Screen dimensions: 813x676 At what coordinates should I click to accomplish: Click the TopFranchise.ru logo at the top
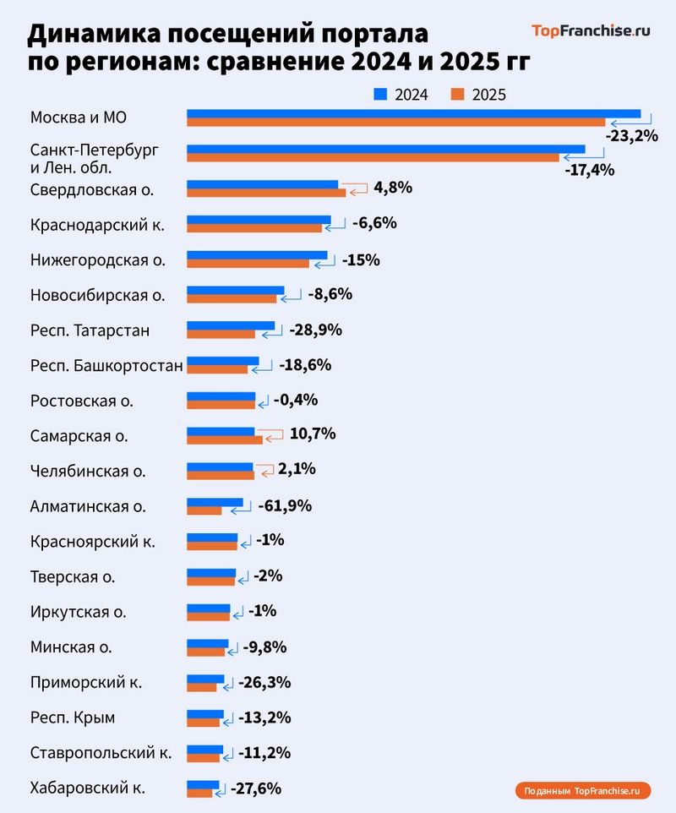pyautogui.click(x=591, y=31)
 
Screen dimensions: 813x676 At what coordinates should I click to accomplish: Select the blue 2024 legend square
pyautogui.click(x=380, y=94)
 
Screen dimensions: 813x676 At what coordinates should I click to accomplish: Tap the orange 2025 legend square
pyautogui.click(x=459, y=94)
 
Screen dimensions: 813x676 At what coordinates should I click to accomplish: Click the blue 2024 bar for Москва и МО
pyautogui.click(x=412, y=113)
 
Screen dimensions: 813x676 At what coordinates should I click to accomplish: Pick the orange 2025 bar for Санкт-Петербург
pyautogui.click(x=372, y=158)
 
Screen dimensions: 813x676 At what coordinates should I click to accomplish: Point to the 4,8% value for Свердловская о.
pyautogui.click(x=392, y=188)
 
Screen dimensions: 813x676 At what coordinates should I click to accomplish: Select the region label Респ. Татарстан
pyautogui.click(x=90, y=330)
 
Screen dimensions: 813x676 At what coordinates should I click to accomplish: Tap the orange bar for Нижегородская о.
pyautogui.click(x=248, y=265)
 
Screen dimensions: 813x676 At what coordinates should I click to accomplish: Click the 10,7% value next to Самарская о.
pyautogui.click(x=312, y=434)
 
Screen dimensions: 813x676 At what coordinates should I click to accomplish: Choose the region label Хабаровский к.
pyautogui.click(x=87, y=788)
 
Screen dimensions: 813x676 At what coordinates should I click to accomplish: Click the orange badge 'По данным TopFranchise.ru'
pyautogui.click(x=582, y=791)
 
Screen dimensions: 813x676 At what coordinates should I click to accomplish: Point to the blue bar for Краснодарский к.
pyautogui.click(x=259, y=220)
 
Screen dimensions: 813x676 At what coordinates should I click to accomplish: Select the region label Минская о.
pyautogui.click(x=71, y=647)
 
